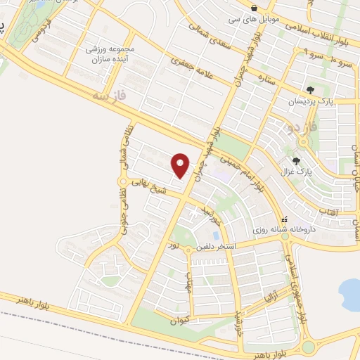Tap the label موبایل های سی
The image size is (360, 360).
click(x=252, y=19)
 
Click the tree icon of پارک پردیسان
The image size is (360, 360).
click(x=310, y=89)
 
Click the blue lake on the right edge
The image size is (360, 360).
click(x=349, y=291)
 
